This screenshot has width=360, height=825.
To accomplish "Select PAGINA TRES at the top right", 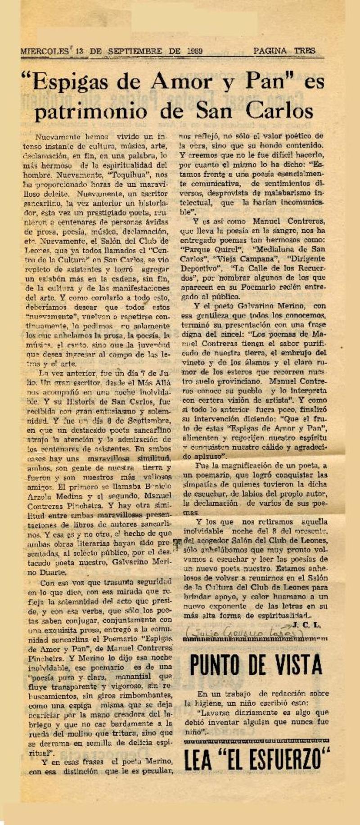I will [284, 51].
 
